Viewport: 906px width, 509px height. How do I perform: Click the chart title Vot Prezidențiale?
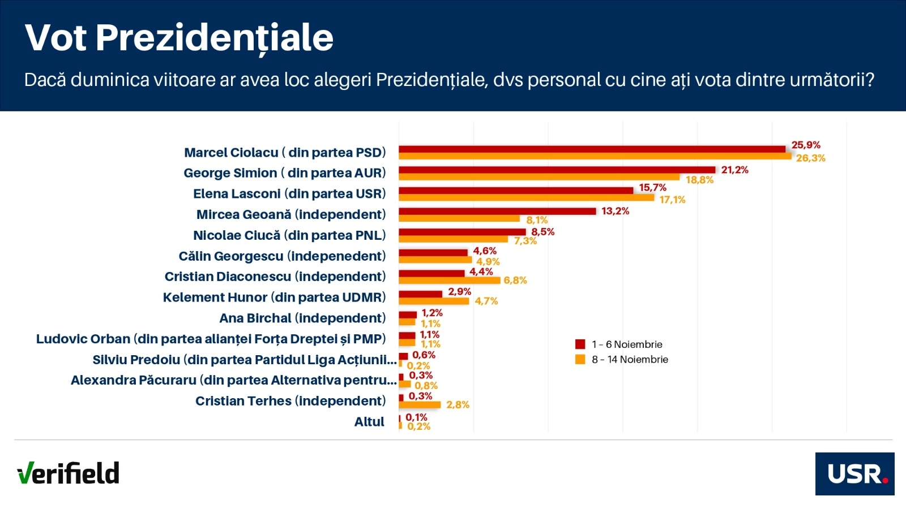[x=179, y=38]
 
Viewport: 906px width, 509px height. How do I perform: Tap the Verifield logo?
[x=68, y=473]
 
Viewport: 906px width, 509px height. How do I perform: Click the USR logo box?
[x=854, y=474]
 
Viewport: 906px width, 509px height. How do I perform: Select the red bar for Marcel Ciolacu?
[x=592, y=149]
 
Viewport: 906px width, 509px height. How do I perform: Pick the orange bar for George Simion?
[x=539, y=177]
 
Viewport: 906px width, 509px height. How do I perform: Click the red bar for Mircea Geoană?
[x=497, y=211]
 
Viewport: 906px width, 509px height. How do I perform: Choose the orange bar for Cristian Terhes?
[x=420, y=405]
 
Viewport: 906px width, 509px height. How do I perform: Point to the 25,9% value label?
[x=806, y=145]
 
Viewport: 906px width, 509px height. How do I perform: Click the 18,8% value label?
[x=699, y=180]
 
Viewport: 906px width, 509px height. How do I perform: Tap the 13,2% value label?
[x=615, y=211]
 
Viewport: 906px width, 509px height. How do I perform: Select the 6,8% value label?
[x=515, y=280]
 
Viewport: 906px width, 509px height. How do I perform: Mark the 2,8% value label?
[x=458, y=404]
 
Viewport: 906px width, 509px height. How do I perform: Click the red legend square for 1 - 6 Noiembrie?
[x=580, y=344]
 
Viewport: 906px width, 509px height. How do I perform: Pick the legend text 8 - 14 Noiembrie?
[x=630, y=359]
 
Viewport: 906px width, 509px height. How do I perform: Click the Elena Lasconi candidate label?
[x=289, y=194]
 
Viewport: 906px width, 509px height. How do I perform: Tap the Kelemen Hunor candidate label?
[x=274, y=297]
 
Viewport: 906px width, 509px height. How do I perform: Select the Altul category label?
[x=369, y=422]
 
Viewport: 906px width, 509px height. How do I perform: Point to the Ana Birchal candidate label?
[x=302, y=318]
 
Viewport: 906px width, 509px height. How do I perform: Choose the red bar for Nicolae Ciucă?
[x=462, y=232]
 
